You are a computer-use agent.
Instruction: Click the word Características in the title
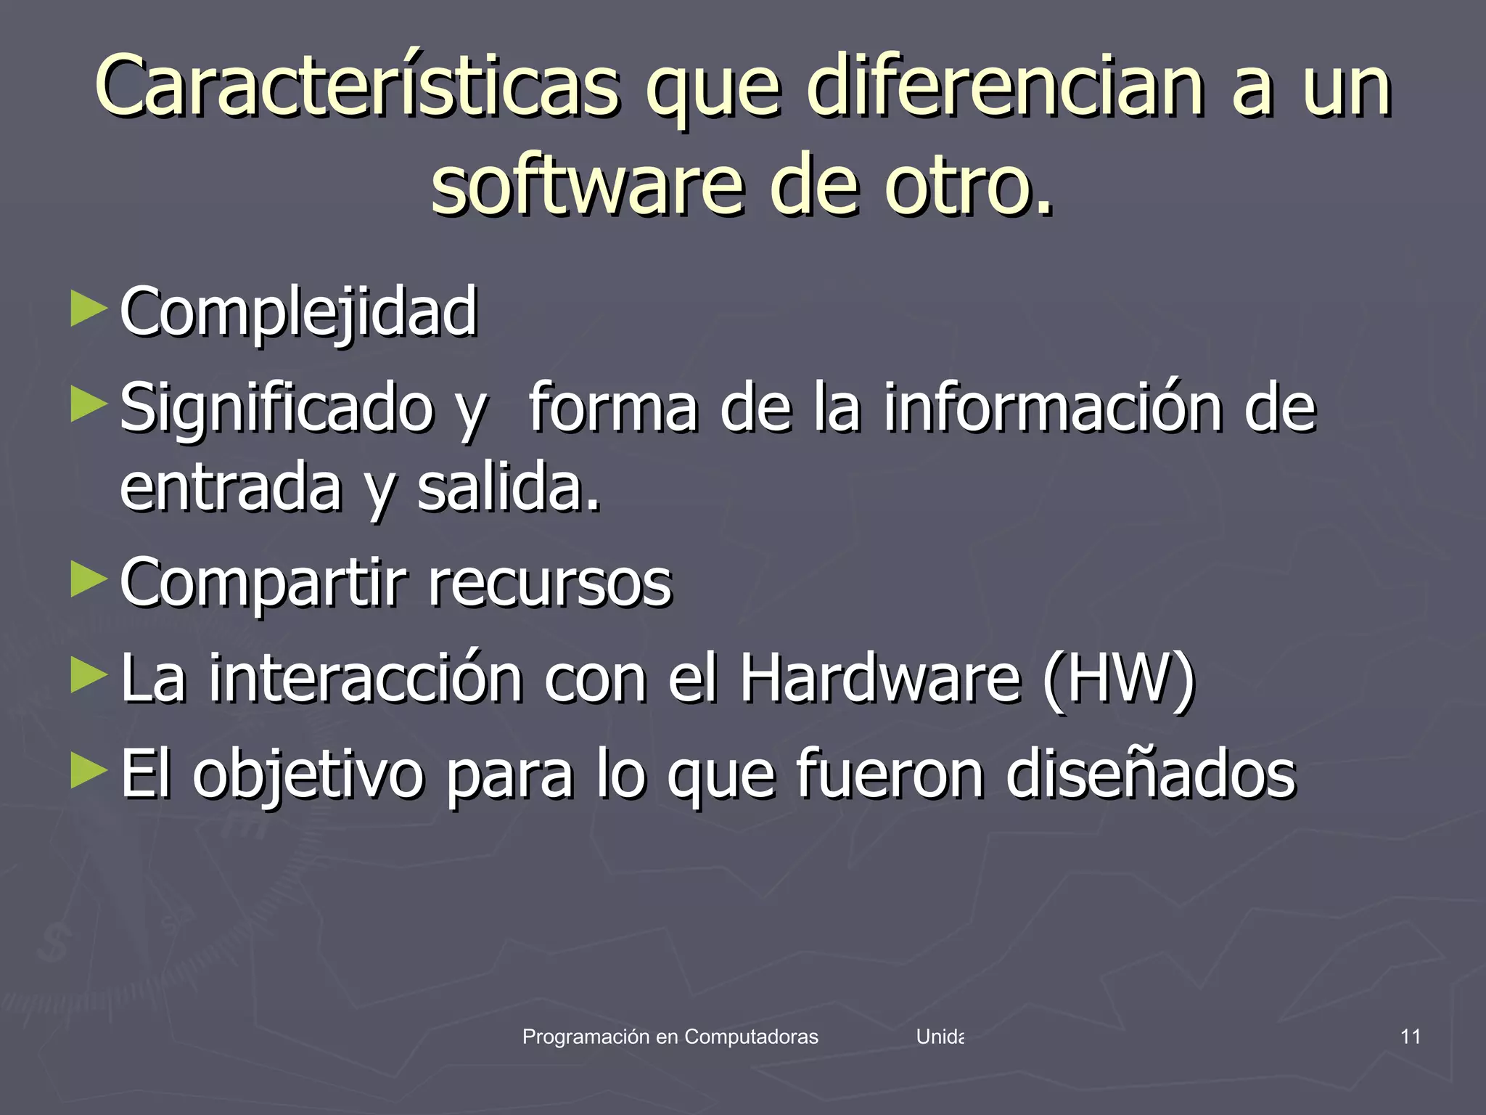[x=357, y=87]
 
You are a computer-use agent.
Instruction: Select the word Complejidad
[x=298, y=312]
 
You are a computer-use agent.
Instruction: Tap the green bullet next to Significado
[x=89, y=404]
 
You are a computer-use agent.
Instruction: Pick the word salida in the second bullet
[x=509, y=488]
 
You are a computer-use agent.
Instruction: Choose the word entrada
[x=230, y=488]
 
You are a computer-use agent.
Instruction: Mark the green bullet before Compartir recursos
[x=89, y=579]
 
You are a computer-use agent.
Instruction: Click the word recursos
[x=550, y=583]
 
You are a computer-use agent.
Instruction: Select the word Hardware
[x=880, y=679]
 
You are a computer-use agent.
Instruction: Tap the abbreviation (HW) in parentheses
[x=1118, y=679]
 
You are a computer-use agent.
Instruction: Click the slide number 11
[x=1410, y=1037]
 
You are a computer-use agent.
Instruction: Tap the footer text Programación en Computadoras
[x=670, y=1037]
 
